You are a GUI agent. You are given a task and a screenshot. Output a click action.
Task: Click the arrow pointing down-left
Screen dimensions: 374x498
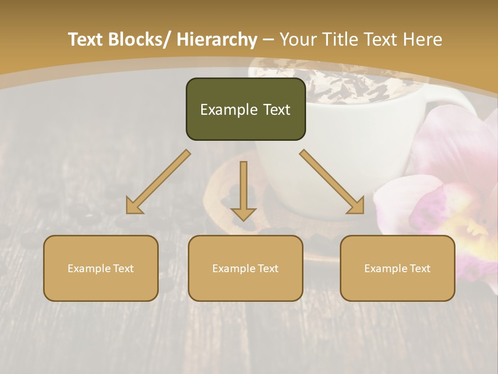click(158, 182)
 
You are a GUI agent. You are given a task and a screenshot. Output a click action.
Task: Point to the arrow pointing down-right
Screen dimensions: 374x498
click(332, 182)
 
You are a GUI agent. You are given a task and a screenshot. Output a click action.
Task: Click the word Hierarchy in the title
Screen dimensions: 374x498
click(217, 40)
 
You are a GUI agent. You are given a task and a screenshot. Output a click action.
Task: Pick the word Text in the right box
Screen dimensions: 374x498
click(419, 269)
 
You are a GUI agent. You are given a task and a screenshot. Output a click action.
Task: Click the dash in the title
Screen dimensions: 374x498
click(268, 40)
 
